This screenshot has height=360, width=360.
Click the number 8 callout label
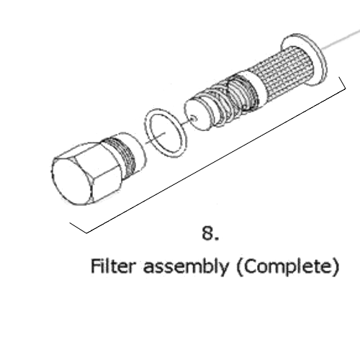coord(208,233)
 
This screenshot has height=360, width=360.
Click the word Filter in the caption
coord(113,266)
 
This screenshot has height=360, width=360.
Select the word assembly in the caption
coord(186,268)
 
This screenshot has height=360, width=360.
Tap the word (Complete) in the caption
coord(288,268)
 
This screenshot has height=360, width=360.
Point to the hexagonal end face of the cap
coord(71,182)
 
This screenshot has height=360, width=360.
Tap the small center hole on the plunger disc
coord(193,118)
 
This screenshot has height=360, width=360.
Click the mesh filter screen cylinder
coord(283,70)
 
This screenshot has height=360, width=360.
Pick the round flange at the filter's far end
coord(322,60)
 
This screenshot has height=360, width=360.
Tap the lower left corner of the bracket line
coord(86,233)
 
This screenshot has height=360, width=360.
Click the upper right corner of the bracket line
coord(345,88)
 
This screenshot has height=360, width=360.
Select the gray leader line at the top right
coord(341,40)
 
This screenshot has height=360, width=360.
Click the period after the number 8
coord(217,238)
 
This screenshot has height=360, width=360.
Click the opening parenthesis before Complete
coord(239,268)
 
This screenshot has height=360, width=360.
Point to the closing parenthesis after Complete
coord(336,268)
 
